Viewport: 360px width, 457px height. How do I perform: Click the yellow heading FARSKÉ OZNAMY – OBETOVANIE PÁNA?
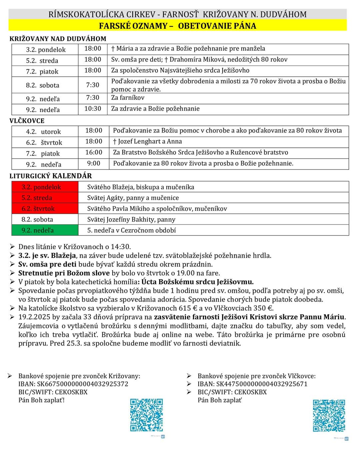177,26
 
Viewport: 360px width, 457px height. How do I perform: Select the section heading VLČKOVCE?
27,121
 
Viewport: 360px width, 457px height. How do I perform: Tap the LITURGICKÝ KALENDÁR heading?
51,176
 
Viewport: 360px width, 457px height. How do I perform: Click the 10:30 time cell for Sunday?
93,109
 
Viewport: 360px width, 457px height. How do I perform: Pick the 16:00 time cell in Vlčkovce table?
94,152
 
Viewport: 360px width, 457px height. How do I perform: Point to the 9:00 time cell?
94,163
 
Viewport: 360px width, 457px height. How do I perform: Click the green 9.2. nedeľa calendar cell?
45,230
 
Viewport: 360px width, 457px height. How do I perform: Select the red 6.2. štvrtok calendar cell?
45,208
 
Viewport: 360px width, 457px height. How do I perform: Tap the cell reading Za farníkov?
128,98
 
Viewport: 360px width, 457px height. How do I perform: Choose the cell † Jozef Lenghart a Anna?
147,141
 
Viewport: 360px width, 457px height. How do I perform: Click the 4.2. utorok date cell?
44,132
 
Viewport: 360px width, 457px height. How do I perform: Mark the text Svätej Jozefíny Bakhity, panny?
131,219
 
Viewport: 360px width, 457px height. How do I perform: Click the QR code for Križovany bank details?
146,415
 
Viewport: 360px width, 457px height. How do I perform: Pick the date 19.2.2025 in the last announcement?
34,317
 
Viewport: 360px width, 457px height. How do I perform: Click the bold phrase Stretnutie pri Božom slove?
64,273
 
